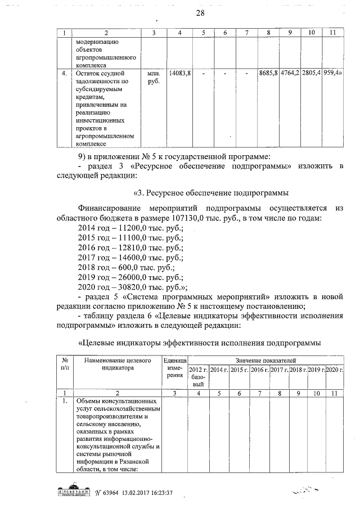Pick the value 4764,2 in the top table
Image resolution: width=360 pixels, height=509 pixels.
click(290, 74)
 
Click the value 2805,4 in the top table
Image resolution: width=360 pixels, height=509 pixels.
click(311, 74)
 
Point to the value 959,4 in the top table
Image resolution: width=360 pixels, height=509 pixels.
click(334, 74)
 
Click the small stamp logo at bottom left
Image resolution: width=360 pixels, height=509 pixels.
click(71, 490)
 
